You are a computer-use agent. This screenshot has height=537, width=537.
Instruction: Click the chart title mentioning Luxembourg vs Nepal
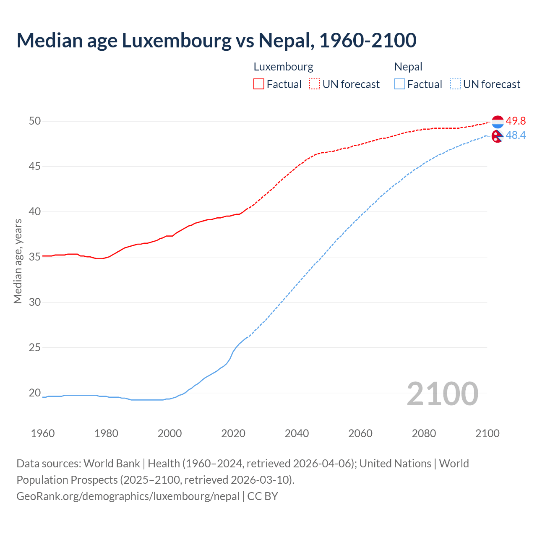pyautogui.click(x=216, y=40)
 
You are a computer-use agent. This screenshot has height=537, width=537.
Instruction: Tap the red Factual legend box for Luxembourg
pyautogui.click(x=259, y=84)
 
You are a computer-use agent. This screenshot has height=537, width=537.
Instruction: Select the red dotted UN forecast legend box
pyautogui.click(x=315, y=84)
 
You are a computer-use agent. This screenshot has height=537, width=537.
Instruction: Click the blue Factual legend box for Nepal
pyautogui.click(x=400, y=84)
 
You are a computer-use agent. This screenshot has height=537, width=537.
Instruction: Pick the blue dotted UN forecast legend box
pyautogui.click(x=456, y=84)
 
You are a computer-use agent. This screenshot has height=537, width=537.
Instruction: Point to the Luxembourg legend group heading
pyautogui.click(x=283, y=67)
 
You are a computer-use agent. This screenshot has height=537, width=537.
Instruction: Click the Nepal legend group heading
pyautogui.click(x=408, y=67)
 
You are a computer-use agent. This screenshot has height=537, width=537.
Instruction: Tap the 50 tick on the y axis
pyautogui.click(x=35, y=121)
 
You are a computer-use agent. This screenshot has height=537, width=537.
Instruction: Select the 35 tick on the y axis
pyautogui.click(x=35, y=257)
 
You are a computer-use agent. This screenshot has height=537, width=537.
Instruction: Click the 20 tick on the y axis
pyautogui.click(x=35, y=393)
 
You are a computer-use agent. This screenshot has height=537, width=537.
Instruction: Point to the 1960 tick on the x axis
pyautogui.click(x=43, y=433)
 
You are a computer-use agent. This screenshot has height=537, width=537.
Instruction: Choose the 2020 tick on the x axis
pyautogui.click(x=233, y=433)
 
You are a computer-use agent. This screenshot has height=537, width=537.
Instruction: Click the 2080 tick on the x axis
pyautogui.click(x=424, y=433)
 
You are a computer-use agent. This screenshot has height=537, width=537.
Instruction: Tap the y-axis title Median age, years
pyautogui.click(x=18, y=261)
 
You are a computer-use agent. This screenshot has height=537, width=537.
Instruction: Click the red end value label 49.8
pyautogui.click(x=516, y=121)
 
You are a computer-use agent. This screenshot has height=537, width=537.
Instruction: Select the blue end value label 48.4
pyautogui.click(x=516, y=135)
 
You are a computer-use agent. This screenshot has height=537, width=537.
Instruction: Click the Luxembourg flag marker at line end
pyautogui.click(x=498, y=122)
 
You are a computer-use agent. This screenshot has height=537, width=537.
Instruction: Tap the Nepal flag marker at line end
pyautogui.click(x=497, y=136)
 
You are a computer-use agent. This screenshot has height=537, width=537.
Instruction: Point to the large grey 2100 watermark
pyautogui.click(x=443, y=394)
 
